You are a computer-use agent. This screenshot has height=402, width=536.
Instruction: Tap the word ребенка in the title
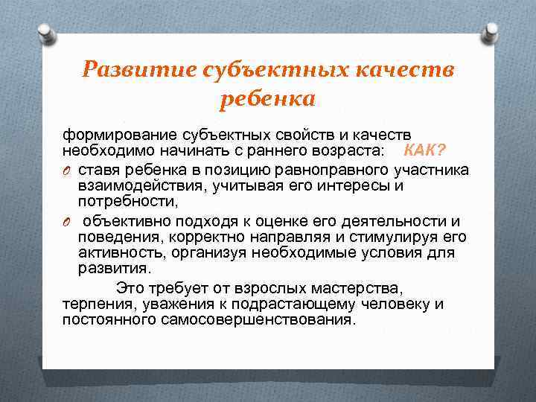click(x=267, y=99)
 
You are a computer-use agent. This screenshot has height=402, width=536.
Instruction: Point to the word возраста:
click(x=345, y=152)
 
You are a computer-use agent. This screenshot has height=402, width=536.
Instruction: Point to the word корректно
click(x=203, y=237)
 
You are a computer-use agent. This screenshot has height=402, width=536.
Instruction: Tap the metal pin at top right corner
click(x=491, y=35)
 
